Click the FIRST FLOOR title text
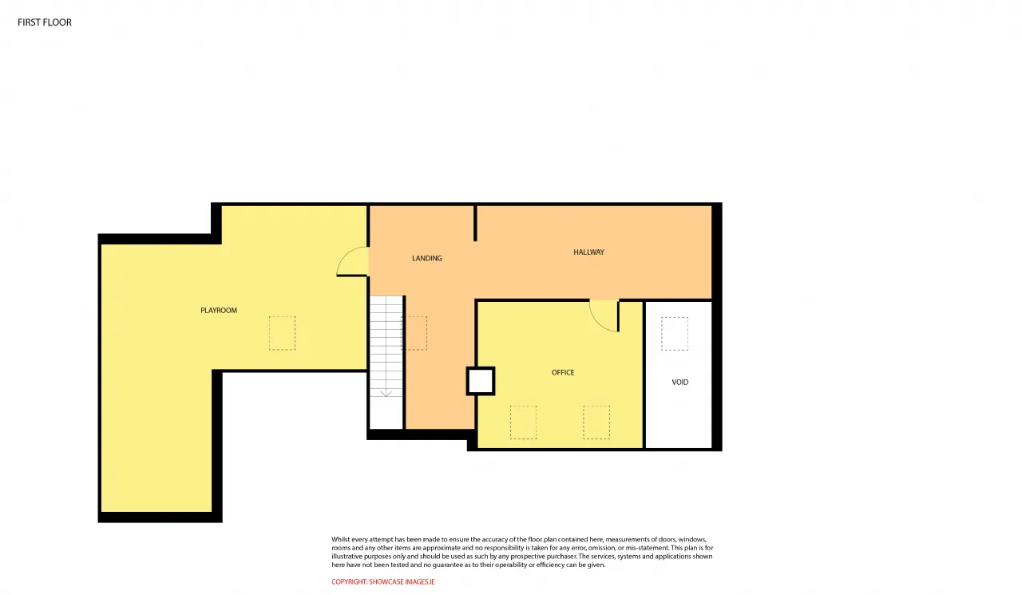click(x=45, y=22)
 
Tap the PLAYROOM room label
click(x=219, y=310)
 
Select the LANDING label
click(x=426, y=258)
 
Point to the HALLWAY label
click(x=588, y=252)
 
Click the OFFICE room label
click(x=563, y=372)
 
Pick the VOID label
click(x=679, y=382)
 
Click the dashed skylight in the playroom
click(x=282, y=333)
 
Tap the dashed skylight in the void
click(x=675, y=334)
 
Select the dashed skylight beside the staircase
click(x=414, y=333)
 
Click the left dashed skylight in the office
click(x=523, y=422)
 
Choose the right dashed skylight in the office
click(x=596, y=422)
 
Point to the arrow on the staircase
click(x=386, y=347)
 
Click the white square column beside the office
click(x=481, y=381)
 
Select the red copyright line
click(x=382, y=581)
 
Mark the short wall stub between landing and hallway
click(x=475, y=223)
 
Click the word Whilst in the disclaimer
click(x=340, y=539)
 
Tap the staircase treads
click(x=386, y=347)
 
